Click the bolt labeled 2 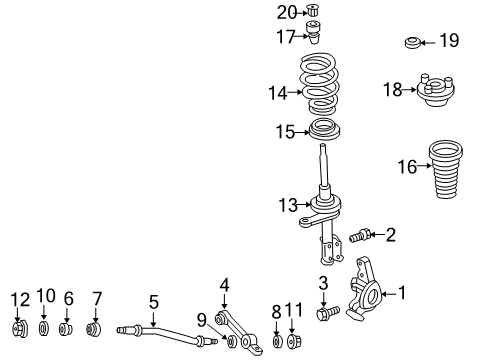click(x=361, y=235)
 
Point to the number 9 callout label click(x=203, y=319)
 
